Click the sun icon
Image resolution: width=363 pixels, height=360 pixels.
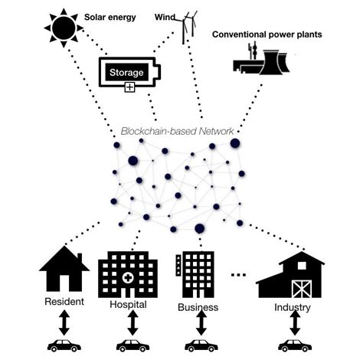(64, 28)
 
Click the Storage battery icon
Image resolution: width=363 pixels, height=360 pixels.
(129, 73)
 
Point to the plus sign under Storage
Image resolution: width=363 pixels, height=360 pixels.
(129, 88)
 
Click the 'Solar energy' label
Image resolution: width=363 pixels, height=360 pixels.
(110, 15)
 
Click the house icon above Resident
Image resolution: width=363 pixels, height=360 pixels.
(64, 270)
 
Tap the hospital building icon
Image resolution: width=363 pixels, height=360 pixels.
(132, 273)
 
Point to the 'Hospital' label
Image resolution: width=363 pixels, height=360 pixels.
(128, 305)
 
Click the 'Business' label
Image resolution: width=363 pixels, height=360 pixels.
(197, 307)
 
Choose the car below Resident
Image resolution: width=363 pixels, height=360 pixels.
(64, 345)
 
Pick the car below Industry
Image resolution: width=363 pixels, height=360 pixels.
(294, 346)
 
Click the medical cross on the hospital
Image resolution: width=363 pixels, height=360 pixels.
(132, 277)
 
